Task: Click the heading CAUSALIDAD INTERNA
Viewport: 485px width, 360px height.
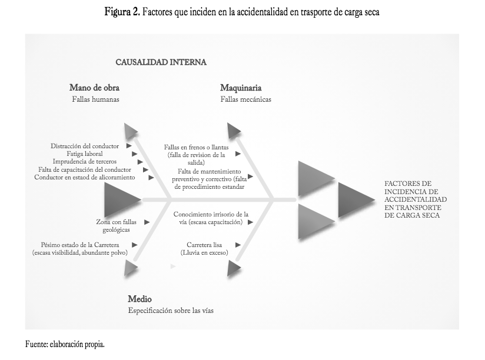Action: (x=161, y=61)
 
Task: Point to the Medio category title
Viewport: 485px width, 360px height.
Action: (x=140, y=299)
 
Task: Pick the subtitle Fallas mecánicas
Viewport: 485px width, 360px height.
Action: (x=246, y=99)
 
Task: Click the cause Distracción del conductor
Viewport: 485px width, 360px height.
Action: (x=85, y=146)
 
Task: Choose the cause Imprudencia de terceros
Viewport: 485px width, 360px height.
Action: (x=85, y=161)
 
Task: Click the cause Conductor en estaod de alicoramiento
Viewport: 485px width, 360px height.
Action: (x=84, y=177)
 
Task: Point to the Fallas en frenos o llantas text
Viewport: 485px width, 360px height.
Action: (x=196, y=147)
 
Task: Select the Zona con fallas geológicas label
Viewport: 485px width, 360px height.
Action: (x=117, y=226)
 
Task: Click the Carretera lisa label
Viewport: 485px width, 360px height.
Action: (x=204, y=244)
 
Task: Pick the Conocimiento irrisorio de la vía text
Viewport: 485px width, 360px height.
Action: (x=211, y=215)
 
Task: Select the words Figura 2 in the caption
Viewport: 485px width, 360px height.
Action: (x=122, y=12)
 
